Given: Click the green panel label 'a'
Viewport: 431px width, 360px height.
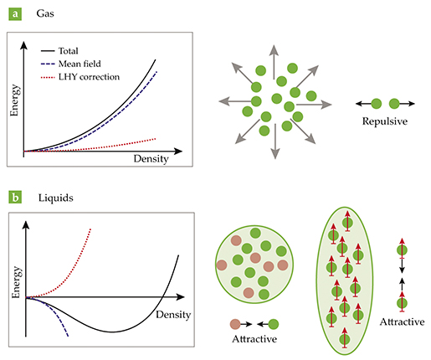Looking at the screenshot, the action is (15, 14).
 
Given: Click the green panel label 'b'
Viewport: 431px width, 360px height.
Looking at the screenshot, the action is (15, 197).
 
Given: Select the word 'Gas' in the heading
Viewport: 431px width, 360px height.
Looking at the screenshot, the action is (45, 13).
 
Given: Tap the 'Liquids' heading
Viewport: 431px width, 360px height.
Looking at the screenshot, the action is (56, 198).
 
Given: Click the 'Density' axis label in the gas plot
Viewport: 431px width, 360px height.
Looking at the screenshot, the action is (151, 159).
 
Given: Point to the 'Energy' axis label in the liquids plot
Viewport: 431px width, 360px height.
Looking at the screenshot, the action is (16, 282).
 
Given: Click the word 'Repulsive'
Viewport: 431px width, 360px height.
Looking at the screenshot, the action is (385, 121).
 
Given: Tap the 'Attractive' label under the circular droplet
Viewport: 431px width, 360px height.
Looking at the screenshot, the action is (254, 339).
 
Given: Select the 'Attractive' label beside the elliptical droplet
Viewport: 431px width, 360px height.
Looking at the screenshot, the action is (402, 321).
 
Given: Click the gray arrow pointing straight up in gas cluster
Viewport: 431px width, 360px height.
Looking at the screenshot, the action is (275, 62).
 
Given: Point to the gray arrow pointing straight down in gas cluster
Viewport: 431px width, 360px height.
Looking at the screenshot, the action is (275, 141).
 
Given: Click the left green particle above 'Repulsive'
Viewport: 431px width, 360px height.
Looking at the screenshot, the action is (377, 104).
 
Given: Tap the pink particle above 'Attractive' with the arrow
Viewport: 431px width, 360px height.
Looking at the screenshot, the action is (235, 324).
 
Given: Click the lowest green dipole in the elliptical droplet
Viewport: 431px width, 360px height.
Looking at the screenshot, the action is (345, 338).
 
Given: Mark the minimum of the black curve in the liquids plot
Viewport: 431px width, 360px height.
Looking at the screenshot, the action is (112, 332).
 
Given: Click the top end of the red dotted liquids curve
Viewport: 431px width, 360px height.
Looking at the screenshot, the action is (90, 229).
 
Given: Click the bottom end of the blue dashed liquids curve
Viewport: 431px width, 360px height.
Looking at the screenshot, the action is (68, 336).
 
